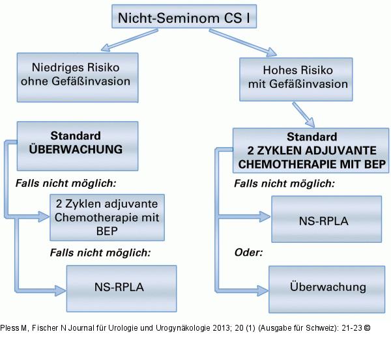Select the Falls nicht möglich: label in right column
(x=284, y=184)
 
